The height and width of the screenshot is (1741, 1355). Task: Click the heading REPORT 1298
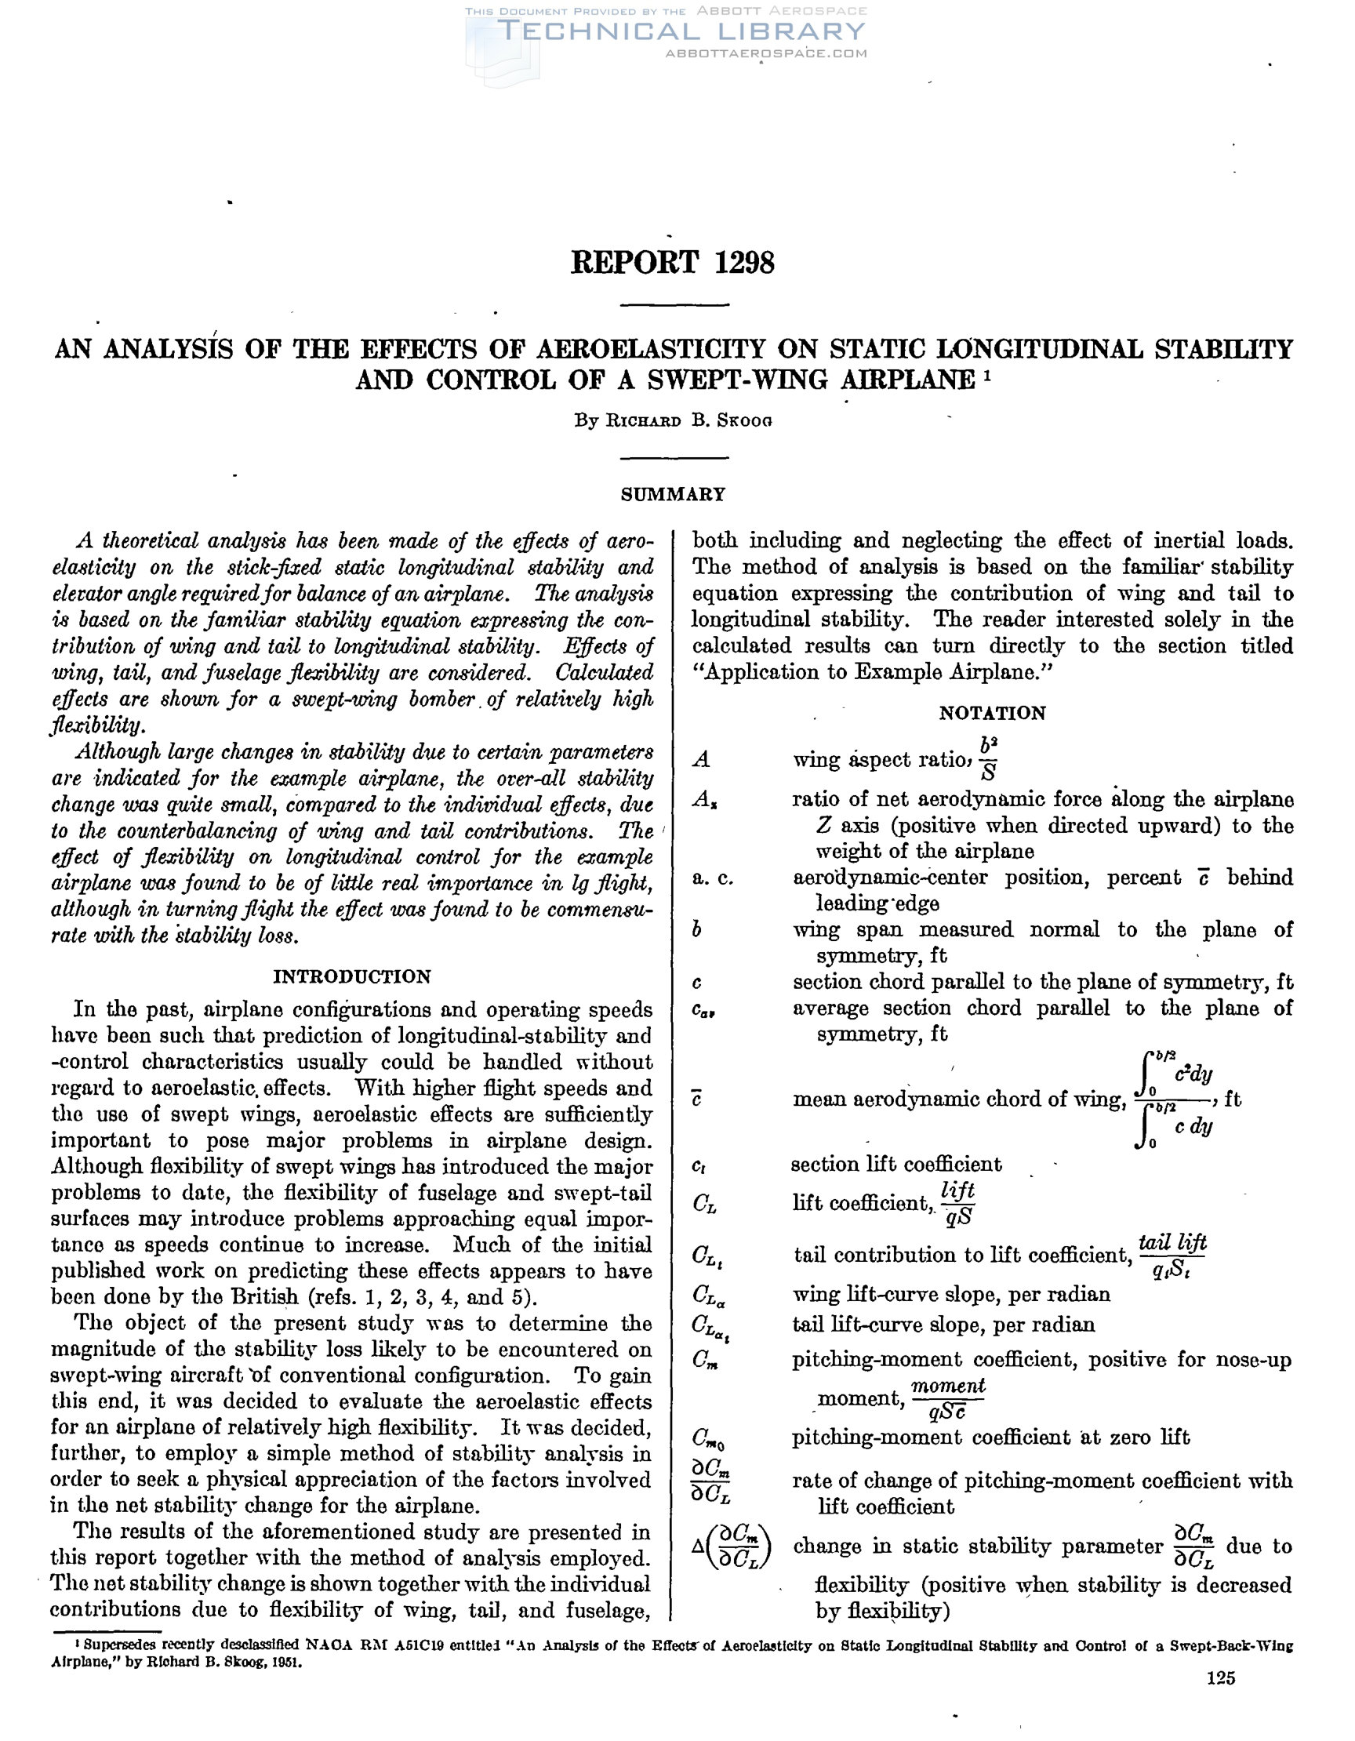click(x=672, y=262)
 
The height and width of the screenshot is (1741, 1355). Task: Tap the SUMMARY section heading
click(x=673, y=494)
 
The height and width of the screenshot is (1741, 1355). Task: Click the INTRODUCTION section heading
click(x=351, y=976)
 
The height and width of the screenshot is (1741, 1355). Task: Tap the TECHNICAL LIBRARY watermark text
click(x=681, y=32)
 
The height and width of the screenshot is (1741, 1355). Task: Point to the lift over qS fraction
click(x=957, y=1203)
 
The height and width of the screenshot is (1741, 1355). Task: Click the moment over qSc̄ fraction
click(x=948, y=1399)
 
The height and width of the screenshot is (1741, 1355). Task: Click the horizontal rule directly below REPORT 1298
click(x=674, y=305)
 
